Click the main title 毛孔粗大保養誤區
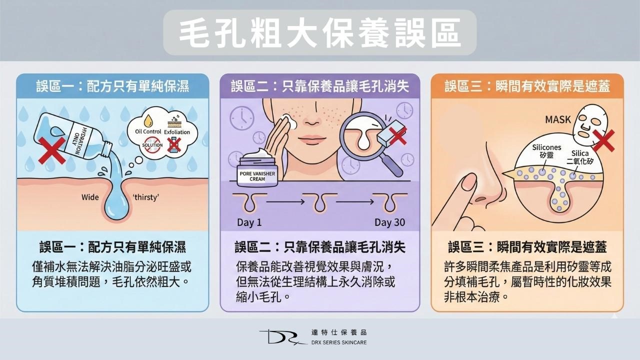(320, 32)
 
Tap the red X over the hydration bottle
(51, 149)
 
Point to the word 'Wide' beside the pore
(90, 197)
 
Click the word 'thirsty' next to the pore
(145, 197)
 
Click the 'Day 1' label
(249, 222)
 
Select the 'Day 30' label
(390, 222)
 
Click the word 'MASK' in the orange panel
(558, 120)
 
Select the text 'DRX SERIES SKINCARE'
(338, 342)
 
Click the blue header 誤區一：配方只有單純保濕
(112, 86)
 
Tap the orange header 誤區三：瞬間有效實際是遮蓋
(527, 86)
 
